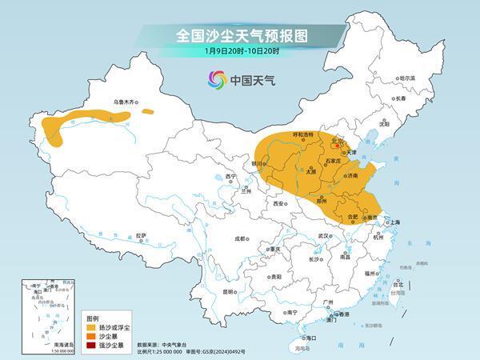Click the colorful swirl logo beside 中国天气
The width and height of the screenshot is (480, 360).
coord(217,79)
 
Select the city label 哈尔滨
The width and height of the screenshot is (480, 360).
coord(408,78)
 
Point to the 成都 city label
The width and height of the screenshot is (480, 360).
coord(241,238)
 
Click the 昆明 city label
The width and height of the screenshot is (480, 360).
coord(230,291)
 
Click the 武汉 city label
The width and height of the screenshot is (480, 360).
coord(323,237)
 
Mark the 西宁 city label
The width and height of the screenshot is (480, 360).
coord(231,176)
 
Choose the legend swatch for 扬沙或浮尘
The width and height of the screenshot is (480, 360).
coord(90,327)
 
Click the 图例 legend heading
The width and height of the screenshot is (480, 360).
coord(93,318)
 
